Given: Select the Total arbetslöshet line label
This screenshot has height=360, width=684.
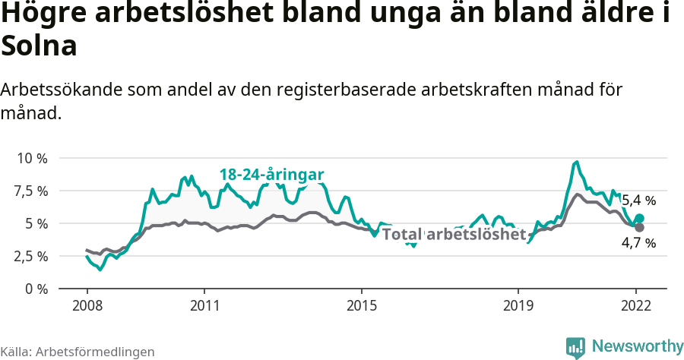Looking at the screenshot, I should pos(454,234).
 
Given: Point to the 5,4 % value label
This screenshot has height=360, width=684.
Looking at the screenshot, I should pos(638,201).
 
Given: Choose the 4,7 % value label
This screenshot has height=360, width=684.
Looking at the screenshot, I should pos(638,243).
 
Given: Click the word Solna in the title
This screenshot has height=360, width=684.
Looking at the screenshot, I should pos(40,47).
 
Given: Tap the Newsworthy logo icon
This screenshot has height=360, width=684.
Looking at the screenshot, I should pos(575,347).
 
